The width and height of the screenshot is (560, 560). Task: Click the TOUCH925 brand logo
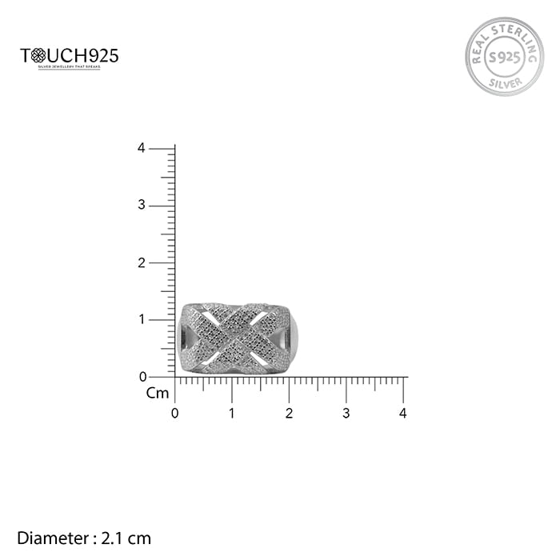(x=70, y=57)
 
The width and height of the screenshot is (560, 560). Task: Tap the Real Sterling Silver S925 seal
(x=504, y=57)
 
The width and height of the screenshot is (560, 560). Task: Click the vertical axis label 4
(x=141, y=148)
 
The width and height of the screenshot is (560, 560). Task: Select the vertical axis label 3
(x=141, y=206)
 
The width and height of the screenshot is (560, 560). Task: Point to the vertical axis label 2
(x=141, y=262)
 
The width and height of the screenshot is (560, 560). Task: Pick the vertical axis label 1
(x=141, y=320)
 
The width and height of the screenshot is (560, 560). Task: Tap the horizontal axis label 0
(x=175, y=414)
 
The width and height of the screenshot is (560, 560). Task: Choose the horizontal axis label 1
(x=232, y=414)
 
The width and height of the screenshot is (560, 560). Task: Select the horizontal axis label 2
(x=289, y=414)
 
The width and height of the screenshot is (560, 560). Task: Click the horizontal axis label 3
(x=346, y=414)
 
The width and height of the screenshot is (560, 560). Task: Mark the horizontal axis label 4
(x=403, y=414)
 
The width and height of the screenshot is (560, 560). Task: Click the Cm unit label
(x=158, y=393)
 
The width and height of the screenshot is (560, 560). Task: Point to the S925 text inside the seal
(x=504, y=58)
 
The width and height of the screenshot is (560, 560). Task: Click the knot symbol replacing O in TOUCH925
(x=36, y=56)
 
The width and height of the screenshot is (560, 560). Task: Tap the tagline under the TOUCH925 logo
(x=70, y=69)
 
